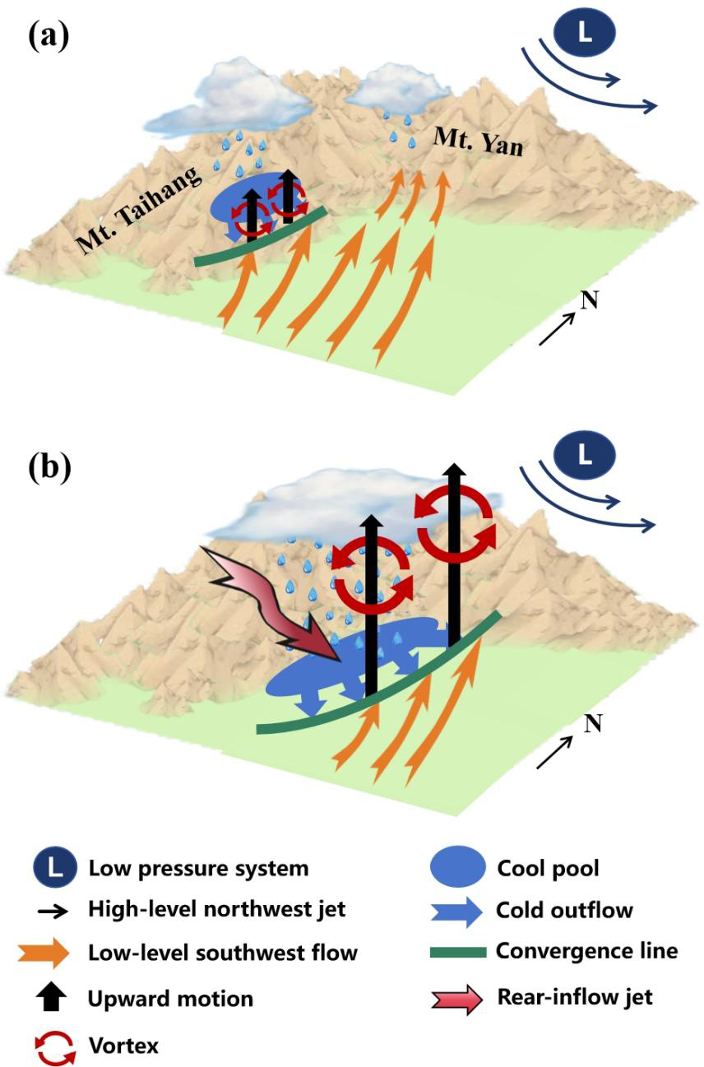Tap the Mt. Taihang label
pos(136,206)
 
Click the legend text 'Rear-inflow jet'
pos(574,997)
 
